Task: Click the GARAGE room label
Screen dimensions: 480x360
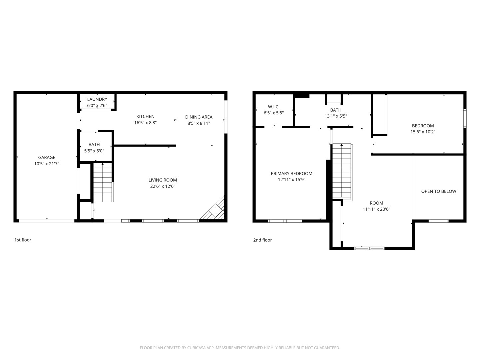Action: pyautogui.click(x=47, y=157)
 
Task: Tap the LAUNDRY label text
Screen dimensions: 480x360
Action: pyautogui.click(x=97, y=99)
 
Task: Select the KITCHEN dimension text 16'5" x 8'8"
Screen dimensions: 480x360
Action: pyautogui.click(x=145, y=123)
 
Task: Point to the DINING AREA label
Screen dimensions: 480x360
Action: pyautogui.click(x=199, y=117)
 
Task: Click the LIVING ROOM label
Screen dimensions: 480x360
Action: pyautogui.click(x=163, y=180)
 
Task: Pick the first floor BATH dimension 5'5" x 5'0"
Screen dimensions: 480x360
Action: pyautogui.click(x=94, y=151)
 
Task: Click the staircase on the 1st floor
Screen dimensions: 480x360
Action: pyautogui.click(x=103, y=183)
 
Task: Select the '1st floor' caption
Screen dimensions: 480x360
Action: pyautogui.click(x=23, y=240)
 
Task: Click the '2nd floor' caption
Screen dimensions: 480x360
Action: pyautogui.click(x=262, y=240)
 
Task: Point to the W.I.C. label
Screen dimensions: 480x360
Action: pyautogui.click(x=274, y=107)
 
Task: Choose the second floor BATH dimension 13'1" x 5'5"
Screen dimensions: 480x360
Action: pyautogui.click(x=336, y=116)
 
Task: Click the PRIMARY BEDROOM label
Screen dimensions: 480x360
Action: pyautogui.click(x=291, y=174)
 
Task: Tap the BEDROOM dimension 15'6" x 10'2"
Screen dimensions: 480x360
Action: pyautogui.click(x=423, y=132)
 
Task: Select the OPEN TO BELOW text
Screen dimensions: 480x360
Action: pyautogui.click(x=439, y=191)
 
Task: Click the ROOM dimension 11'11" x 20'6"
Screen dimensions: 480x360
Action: pyautogui.click(x=376, y=209)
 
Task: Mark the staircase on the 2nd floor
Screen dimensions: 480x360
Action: pyautogui.click(x=342, y=172)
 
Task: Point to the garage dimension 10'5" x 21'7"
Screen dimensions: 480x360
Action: pyautogui.click(x=47, y=164)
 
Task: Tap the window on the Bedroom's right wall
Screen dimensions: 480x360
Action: pyautogui.click(x=465, y=118)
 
